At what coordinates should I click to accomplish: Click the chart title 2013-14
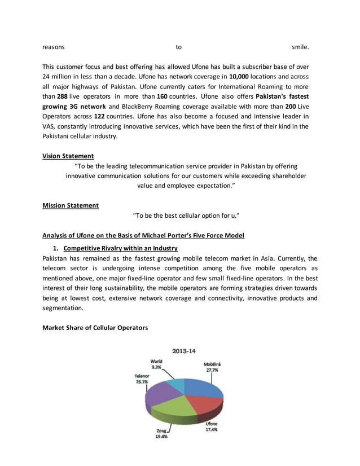[x=184, y=351]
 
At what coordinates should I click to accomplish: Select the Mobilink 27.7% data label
[x=212, y=367]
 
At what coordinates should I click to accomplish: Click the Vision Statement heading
[x=68, y=156]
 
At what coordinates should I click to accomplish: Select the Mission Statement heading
[x=71, y=205]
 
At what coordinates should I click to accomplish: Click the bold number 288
[x=62, y=96]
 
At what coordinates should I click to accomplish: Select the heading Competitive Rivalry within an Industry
[x=121, y=248]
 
